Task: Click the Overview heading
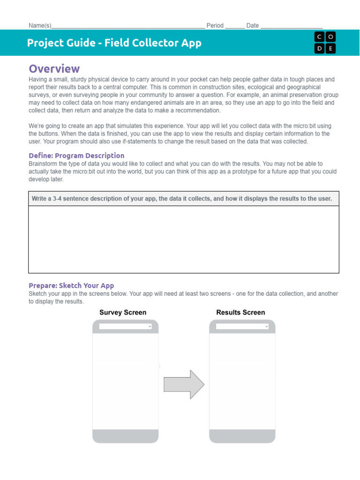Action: (54, 69)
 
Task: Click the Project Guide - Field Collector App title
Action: (114, 43)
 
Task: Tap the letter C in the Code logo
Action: (320, 37)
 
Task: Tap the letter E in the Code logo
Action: (330, 48)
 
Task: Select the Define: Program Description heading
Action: (76, 156)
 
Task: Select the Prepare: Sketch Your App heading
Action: (71, 285)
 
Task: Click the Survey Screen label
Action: (123, 313)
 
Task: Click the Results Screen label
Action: (240, 313)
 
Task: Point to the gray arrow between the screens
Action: (184, 384)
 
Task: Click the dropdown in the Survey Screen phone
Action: (126, 326)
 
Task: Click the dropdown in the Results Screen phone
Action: (242, 326)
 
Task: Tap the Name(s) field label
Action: (40, 26)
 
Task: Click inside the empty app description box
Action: (184, 239)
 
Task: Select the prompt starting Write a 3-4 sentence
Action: (182, 199)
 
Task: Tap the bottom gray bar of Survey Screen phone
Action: (126, 435)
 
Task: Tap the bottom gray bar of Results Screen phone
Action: (242, 435)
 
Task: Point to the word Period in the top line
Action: (215, 26)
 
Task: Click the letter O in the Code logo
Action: (330, 37)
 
